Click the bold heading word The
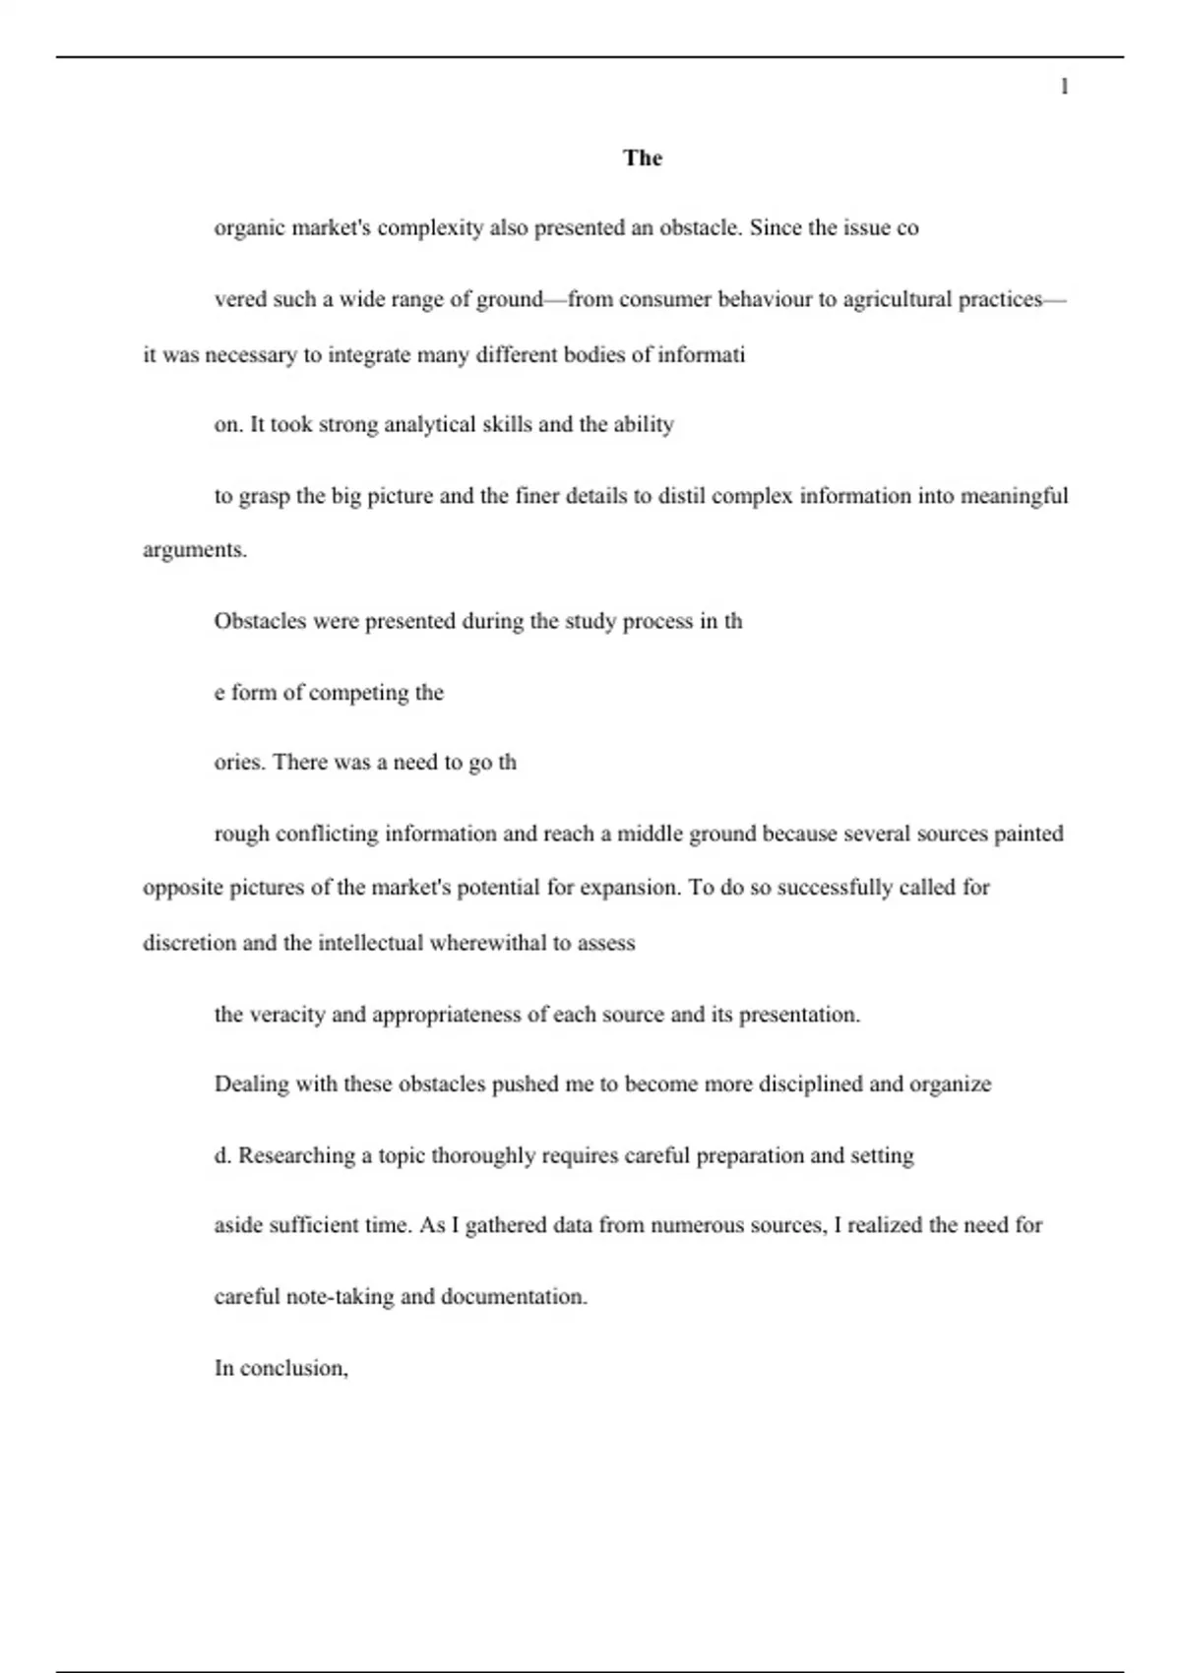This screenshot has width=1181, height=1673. pos(643,158)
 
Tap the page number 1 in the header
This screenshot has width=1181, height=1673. pos(1064,87)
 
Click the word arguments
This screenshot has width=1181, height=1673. pos(194,550)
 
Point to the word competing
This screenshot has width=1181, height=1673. pos(356,693)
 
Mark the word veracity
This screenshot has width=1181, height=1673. pos(286,1015)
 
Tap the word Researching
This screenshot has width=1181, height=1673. pos(296,1155)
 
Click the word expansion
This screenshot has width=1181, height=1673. pos(629,888)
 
